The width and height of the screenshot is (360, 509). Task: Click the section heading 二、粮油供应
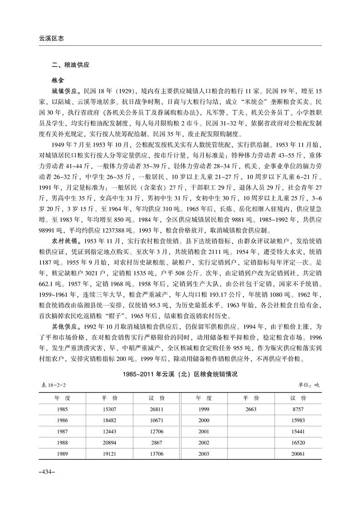click(x=70, y=65)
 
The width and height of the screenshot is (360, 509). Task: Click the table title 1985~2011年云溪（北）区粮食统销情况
click(x=180, y=376)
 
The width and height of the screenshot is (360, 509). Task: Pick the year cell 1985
click(x=63, y=409)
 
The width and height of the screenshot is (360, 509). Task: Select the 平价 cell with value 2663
click(x=251, y=409)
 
